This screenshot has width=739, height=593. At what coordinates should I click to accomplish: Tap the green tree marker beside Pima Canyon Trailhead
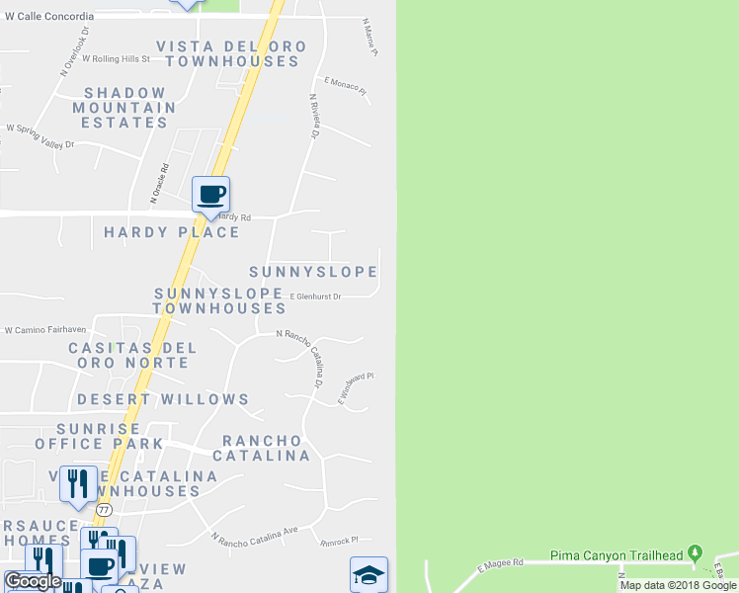click(696, 553)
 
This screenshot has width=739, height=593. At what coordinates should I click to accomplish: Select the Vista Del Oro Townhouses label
click(232, 54)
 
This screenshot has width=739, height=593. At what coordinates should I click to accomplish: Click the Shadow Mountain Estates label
click(123, 108)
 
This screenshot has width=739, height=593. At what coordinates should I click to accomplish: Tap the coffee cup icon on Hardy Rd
click(210, 194)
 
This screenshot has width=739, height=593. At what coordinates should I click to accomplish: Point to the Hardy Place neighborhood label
click(172, 232)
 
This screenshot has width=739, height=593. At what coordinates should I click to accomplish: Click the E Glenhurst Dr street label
click(315, 296)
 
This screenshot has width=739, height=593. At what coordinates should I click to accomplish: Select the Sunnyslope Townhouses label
click(220, 301)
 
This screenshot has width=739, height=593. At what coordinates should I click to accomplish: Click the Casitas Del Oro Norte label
click(132, 356)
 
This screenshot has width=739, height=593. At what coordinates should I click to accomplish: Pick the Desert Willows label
click(163, 399)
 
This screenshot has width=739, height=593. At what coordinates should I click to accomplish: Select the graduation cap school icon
click(369, 574)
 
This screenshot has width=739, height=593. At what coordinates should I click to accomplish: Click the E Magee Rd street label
click(499, 564)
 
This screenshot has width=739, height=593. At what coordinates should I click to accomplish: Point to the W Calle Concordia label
click(49, 16)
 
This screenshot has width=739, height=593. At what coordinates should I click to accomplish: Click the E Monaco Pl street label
click(345, 87)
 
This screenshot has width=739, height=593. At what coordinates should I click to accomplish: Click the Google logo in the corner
click(34, 581)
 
